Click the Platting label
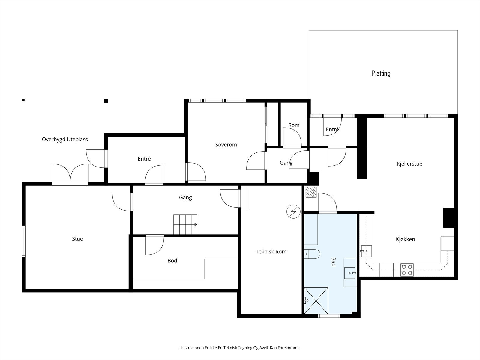381,73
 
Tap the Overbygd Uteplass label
65,139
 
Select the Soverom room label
226,145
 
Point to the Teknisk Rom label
271,252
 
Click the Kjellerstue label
409,164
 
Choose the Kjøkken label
405,239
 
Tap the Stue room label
77,239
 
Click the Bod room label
172,261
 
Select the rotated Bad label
333,262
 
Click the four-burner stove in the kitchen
407,270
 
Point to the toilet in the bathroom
312,254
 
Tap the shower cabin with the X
316,301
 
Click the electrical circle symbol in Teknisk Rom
293,211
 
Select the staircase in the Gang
185,224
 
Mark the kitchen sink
367,251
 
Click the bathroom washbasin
350,273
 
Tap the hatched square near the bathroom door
311,192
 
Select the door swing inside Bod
155,245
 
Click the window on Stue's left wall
24,241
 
